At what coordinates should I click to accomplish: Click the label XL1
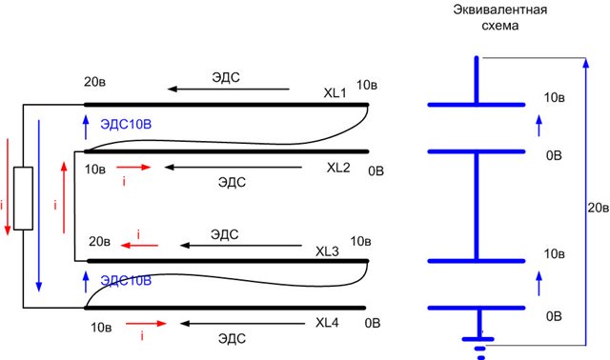point(335,93)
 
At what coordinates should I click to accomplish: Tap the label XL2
point(338,168)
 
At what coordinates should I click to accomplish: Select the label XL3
point(327,251)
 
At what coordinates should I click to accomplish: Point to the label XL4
point(327,323)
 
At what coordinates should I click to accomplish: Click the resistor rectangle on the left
point(23,198)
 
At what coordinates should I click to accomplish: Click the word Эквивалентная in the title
point(499,10)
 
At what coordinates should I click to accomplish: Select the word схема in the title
point(499,26)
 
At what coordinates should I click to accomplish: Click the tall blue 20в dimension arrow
point(586,201)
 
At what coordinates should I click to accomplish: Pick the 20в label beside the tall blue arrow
point(599,208)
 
